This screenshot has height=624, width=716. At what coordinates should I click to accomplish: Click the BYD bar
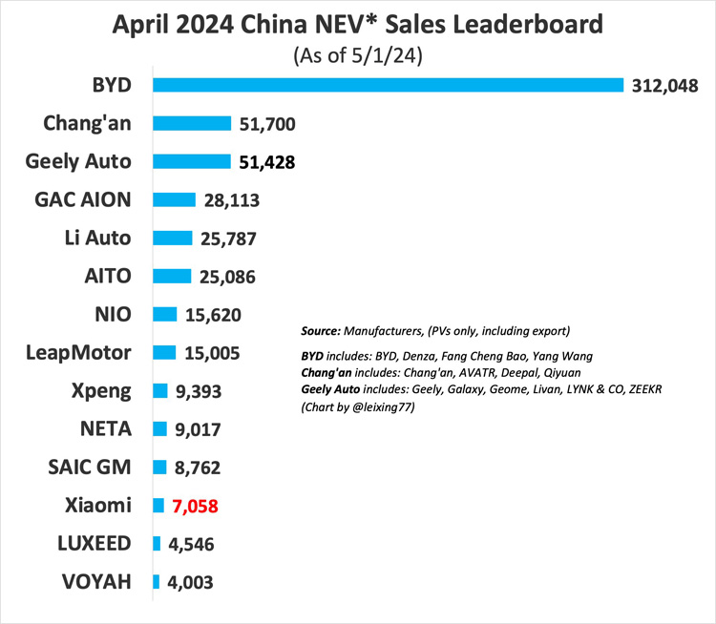click(x=387, y=85)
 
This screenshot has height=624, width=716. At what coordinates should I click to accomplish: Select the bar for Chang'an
click(x=192, y=123)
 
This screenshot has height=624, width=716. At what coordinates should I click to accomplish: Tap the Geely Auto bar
click(x=192, y=161)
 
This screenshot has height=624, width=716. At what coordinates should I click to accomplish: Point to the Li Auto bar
click(x=172, y=238)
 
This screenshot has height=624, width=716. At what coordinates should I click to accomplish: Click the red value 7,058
click(x=196, y=506)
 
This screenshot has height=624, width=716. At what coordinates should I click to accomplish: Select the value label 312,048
click(x=665, y=85)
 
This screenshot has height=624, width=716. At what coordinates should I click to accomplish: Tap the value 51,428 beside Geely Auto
click(x=266, y=161)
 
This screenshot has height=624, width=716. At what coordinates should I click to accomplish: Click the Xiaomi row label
click(x=100, y=505)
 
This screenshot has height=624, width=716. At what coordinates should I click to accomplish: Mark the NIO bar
click(x=165, y=314)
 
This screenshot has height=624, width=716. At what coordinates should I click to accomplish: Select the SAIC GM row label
click(x=88, y=467)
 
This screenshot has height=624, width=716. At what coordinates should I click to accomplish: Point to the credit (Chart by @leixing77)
click(x=355, y=405)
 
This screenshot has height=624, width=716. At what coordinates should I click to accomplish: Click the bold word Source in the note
click(x=323, y=331)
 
